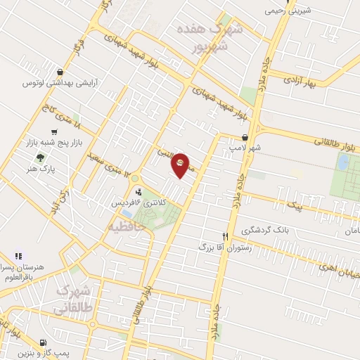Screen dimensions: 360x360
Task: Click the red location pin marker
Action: coord(181,165)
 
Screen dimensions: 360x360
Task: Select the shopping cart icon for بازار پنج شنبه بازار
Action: coord(54,131)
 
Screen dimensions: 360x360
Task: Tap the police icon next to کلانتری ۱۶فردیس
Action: coord(139,191)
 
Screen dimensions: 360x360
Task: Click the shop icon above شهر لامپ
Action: coord(245,137)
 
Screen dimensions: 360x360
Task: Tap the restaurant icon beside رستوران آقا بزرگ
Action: coord(226,237)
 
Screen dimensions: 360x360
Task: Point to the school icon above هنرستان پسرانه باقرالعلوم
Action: coord(18,256)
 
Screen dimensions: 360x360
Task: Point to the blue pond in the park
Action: coord(342,162)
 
